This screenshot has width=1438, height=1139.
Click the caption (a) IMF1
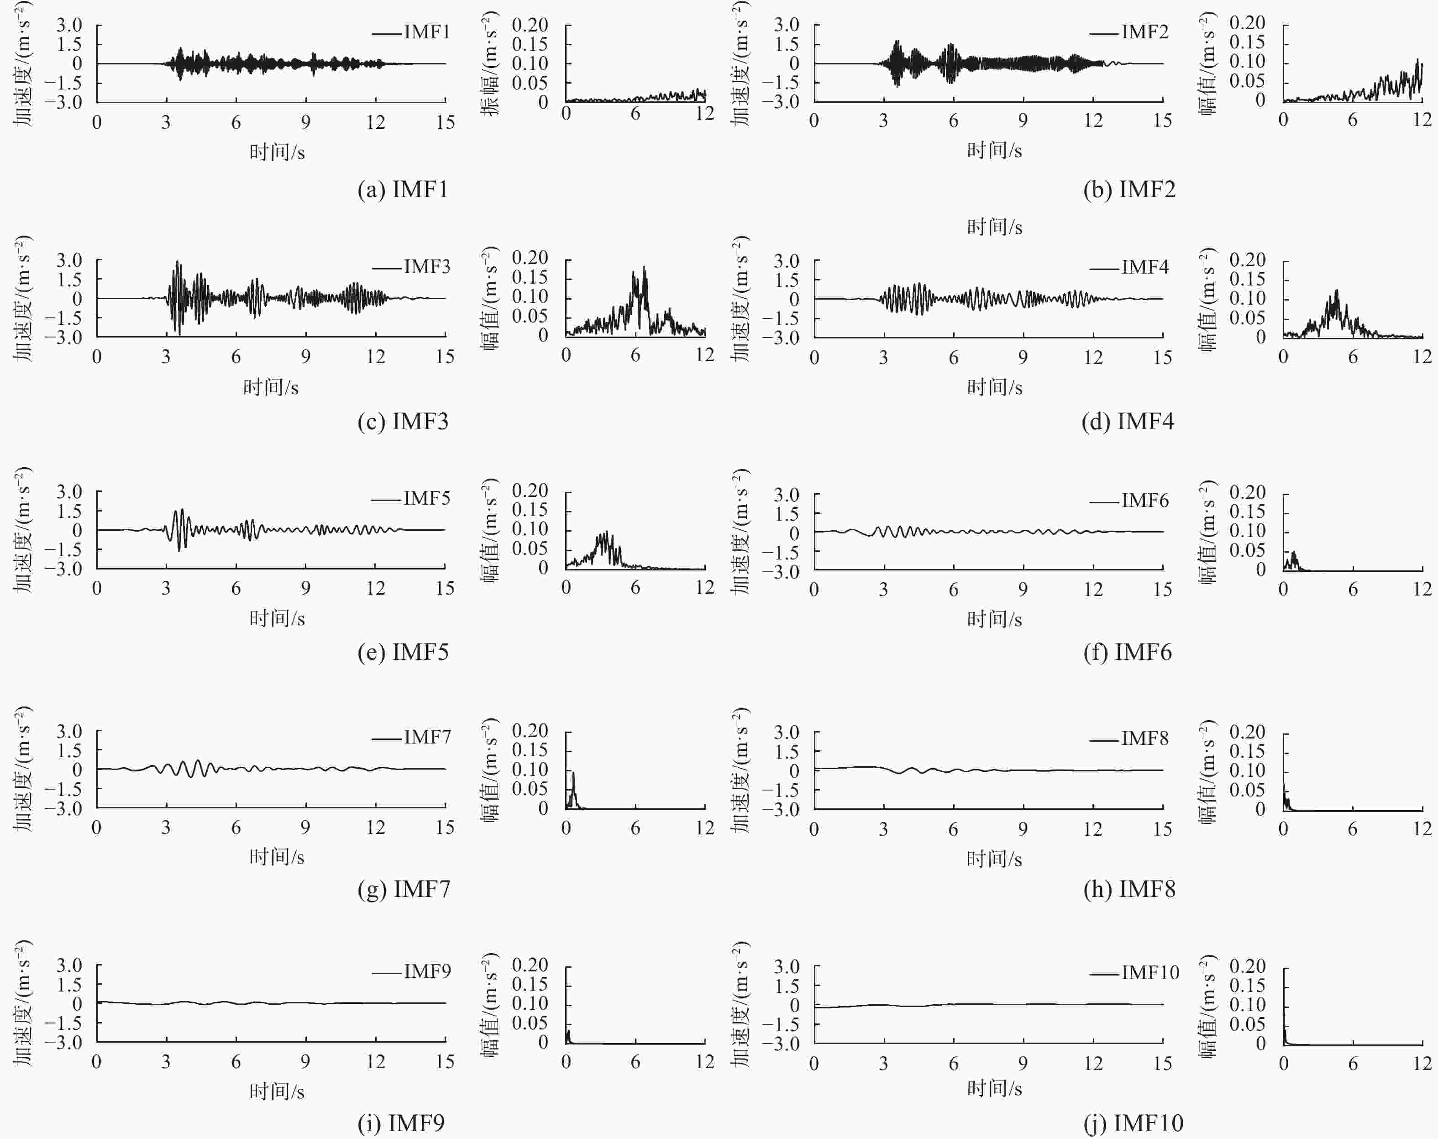pyautogui.click(x=403, y=190)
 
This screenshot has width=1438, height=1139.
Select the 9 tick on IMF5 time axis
pyautogui.click(x=305, y=588)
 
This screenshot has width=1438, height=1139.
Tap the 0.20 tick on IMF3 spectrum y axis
pyautogui.click(x=530, y=258)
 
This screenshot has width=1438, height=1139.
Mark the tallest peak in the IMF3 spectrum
pyautogui.click(x=644, y=268)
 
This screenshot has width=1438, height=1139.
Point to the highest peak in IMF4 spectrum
pyautogui.click(x=1337, y=291)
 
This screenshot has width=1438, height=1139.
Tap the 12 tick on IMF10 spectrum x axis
pyautogui.click(x=1422, y=1063)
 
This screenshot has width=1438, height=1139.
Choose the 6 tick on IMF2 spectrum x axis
pyautogui.click(x=1353, y=120)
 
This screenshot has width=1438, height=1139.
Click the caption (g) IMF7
pyautogui.click(x=404, y=889)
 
